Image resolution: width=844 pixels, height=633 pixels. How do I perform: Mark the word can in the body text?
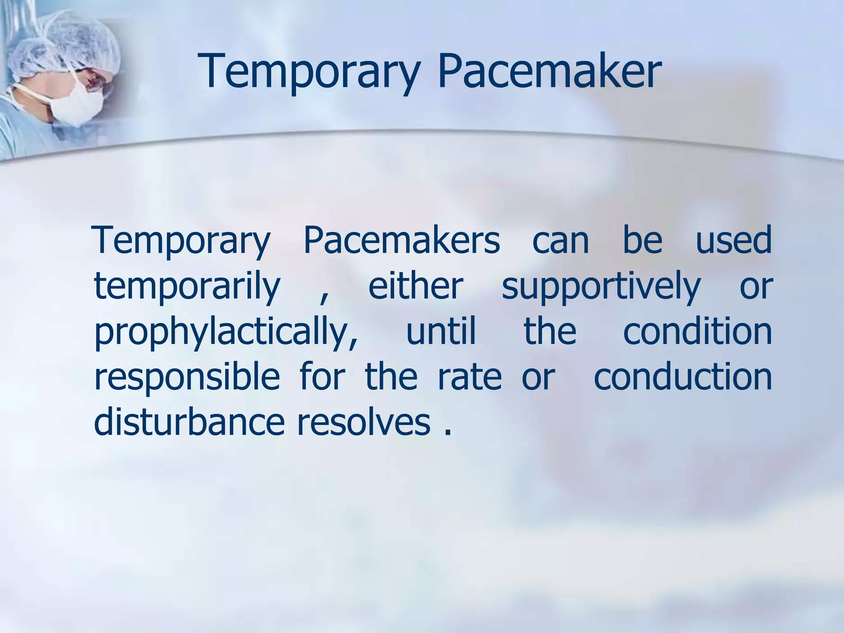[x=560, y=241]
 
